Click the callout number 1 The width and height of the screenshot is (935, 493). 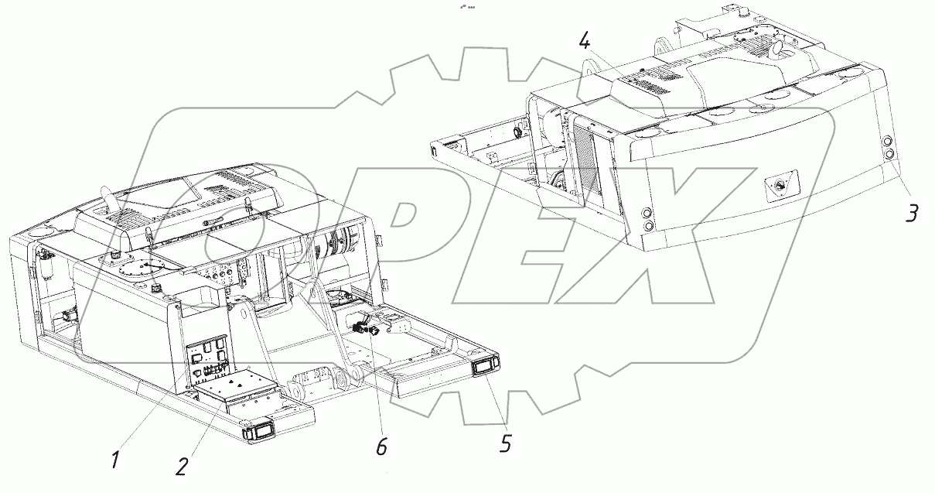pyautogui.click(x=116, y=460)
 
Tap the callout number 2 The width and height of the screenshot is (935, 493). pyautogui.click(x=182, y=466)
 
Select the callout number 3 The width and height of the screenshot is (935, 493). pyautogui.click(x=912, y=213)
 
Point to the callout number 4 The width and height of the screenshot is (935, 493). pyautogui.click(x=585, y=42)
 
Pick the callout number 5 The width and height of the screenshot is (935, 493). pyautogui.click(x=506, y=443)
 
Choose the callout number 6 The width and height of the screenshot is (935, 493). pyautogui.click(x=381, y=447)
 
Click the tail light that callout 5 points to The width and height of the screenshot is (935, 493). pyautogui.click(x=484, y=367)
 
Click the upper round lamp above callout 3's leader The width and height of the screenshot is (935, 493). pyautogui.click(x=887, y=142)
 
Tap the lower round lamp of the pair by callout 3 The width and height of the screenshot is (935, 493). pyautogui.click(x=887, y=155)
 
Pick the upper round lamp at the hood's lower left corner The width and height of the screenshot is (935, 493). pyautogui.click(x=647, y=213)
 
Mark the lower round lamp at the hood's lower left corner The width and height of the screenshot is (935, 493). pyautogui.click(x=648, y=227)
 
